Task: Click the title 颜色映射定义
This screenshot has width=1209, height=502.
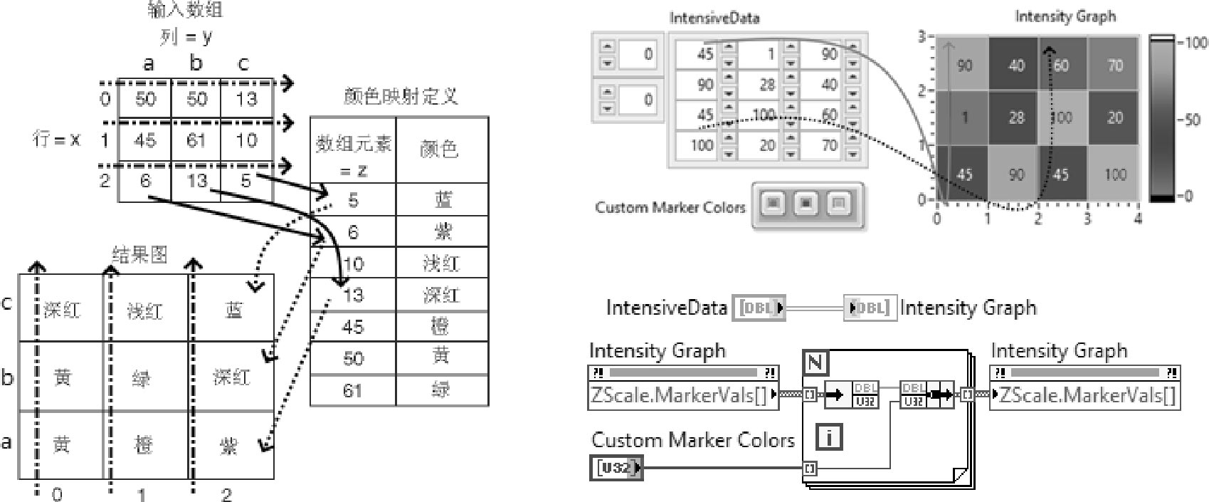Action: [x=399, y=97]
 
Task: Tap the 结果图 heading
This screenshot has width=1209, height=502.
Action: [x=139, y=254]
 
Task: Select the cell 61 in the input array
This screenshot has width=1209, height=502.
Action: [x=196, y=140]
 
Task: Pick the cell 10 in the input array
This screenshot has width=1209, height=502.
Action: [x=246, y=140]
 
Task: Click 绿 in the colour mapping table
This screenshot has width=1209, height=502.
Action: [x=441, y=389]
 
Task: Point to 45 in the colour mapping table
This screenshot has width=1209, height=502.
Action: [x=353, y=327]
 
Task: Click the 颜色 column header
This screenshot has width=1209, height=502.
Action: [x=439, y=149]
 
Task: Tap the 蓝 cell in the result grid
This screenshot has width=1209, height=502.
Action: [x=233, y=310]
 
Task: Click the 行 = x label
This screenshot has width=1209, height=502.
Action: [x=57, y=139]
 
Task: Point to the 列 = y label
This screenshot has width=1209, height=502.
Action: [x=186, y=36]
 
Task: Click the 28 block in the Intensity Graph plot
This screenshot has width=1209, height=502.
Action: [x=1016, y=117]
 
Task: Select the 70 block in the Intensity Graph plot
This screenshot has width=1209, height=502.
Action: [x=1115, y=66]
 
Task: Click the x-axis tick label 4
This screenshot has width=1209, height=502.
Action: [x=1138, y=219]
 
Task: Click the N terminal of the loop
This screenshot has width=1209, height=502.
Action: [x=815, y=363]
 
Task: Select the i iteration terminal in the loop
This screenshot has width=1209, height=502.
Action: [x=828, y=436]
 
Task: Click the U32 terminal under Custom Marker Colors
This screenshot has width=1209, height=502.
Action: [x=615, y=468]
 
